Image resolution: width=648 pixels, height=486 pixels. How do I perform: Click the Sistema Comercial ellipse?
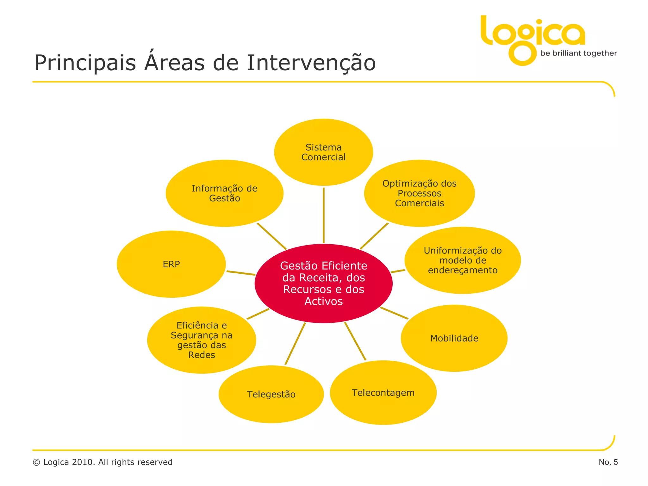(323, 152)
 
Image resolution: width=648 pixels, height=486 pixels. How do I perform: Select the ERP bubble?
(171, 264)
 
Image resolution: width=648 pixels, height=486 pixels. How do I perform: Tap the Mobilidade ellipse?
(454, 338)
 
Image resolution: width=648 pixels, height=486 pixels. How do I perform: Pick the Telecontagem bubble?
(383, 393)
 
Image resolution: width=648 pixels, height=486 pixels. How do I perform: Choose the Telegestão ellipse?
(271, 394)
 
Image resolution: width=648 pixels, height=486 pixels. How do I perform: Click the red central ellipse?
(323, 283)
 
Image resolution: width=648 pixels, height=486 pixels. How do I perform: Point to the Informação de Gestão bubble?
(225, 193)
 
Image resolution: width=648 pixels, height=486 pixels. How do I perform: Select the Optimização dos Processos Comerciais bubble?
(419, 193)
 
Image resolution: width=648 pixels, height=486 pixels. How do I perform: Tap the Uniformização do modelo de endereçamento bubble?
(463, 260)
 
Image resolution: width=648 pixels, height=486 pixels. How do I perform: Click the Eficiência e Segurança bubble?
(202, 340)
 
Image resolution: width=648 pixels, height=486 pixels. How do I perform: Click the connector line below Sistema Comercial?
(323, 215)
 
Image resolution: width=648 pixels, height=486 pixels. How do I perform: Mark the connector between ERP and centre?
(241, 273)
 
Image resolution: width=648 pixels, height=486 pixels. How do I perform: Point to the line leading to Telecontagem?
(355, 341)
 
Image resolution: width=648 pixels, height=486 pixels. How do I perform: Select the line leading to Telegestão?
(295, 343)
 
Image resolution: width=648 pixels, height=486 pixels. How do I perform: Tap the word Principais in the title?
(85, 63)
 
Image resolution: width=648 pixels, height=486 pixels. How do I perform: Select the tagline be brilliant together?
(578, 53)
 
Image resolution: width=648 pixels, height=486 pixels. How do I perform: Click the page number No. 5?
(608, 462)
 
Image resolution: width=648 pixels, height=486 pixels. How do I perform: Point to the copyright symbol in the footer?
(36, 463)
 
